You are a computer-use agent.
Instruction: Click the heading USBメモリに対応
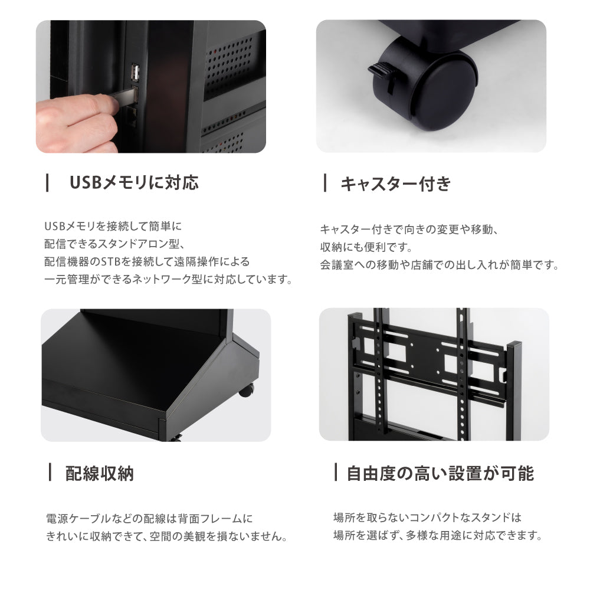134,182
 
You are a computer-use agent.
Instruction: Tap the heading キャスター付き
395,184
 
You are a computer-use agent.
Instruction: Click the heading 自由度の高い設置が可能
440,473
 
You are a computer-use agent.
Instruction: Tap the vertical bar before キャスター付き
325,183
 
